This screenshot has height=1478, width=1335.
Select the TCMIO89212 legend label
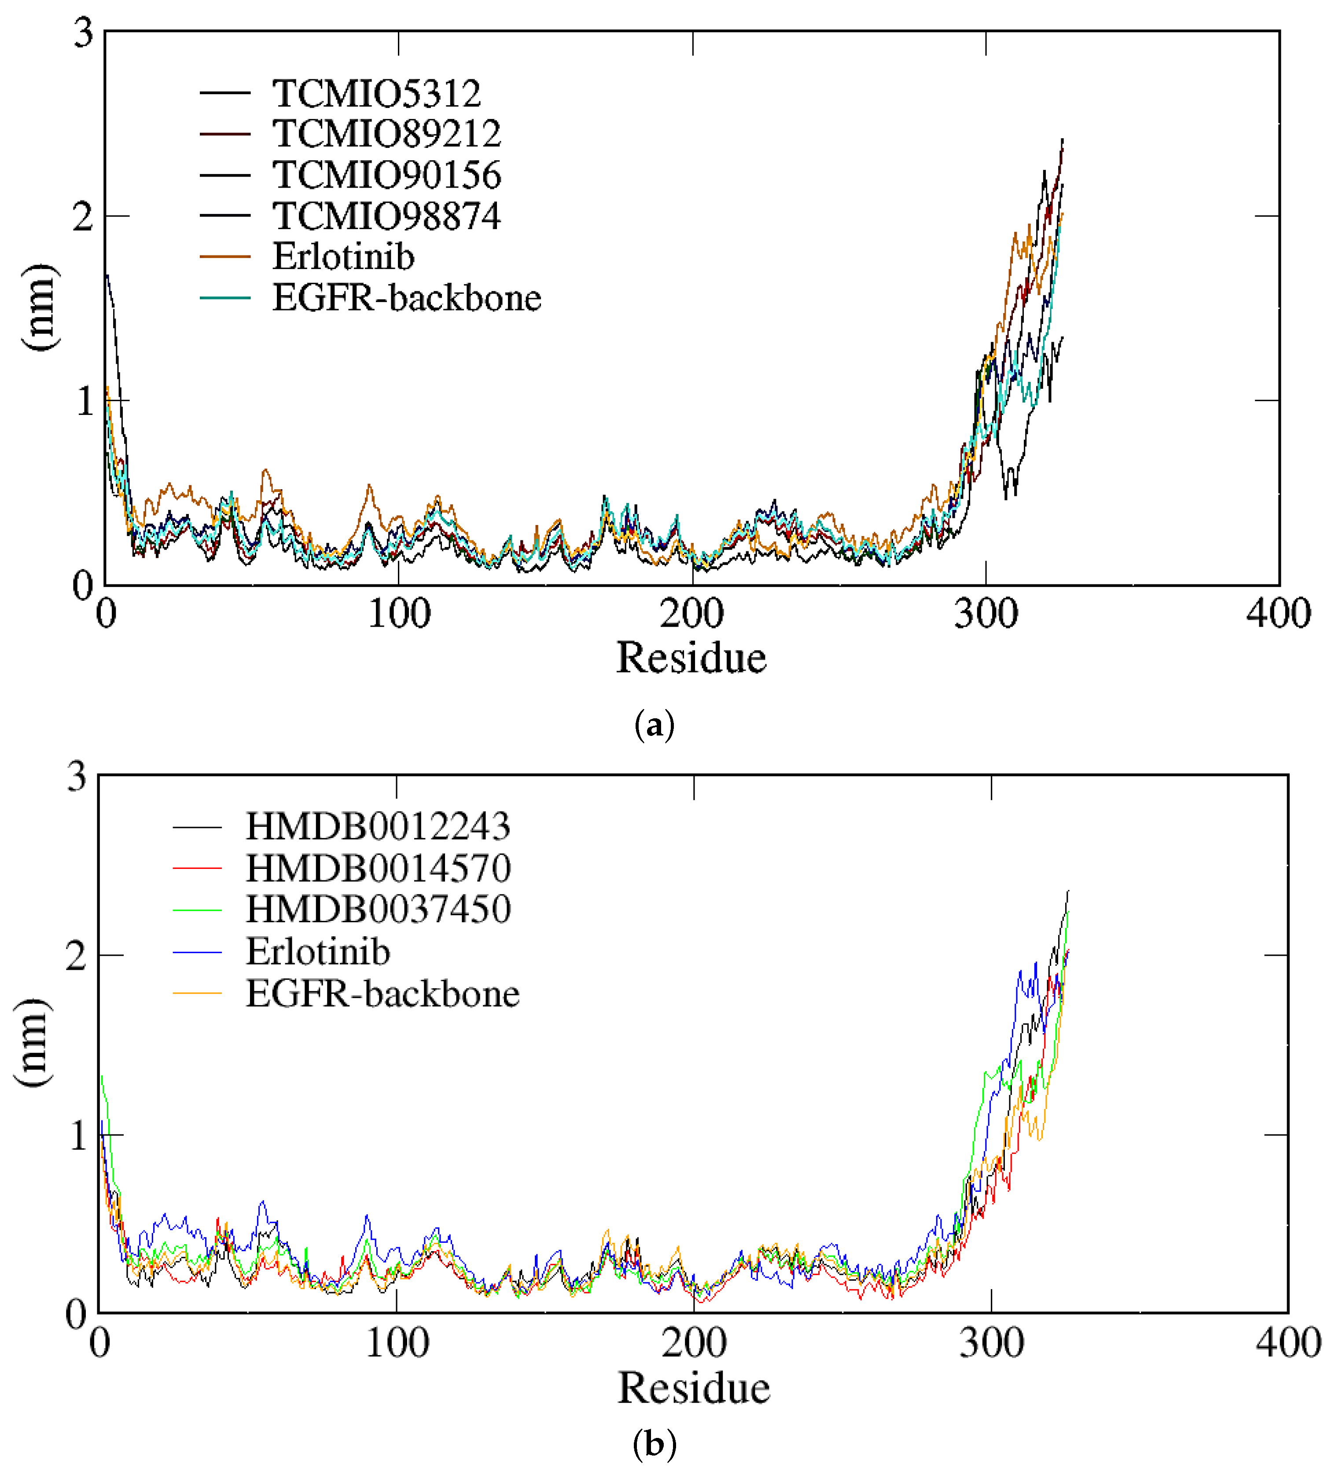pos(386,134)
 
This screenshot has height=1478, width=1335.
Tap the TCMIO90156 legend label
pos(386,175)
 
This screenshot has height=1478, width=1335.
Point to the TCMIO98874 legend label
pos(386,216)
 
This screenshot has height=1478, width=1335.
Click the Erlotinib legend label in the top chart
pos(343,257)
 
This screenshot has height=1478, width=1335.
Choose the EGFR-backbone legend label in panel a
pos(407,298)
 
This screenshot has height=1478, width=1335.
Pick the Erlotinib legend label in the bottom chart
pos(317,952)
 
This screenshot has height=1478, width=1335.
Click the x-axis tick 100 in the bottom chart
pos(397,1343)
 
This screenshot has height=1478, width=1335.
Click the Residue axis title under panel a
pos(691,658)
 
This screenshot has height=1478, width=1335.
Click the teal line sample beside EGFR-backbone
pos(225,298)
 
